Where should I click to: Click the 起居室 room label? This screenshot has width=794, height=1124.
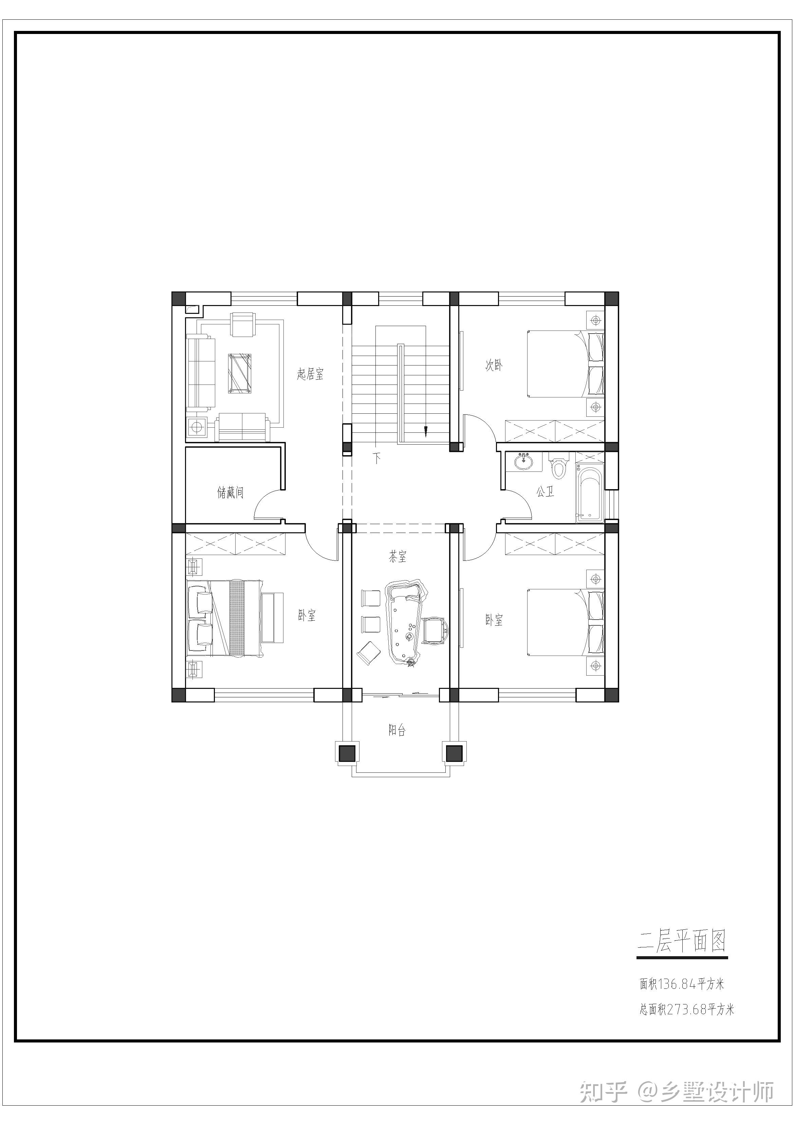(310, 375)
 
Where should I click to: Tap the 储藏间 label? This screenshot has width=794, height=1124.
(230, 492)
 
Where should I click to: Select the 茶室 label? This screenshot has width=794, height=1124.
(398, 557)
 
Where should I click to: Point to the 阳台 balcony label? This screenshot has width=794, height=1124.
(397, 730)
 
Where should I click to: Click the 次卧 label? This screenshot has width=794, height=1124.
(494, 365)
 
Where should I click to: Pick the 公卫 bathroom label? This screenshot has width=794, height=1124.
(546, 491)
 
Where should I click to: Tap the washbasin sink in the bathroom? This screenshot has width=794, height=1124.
(524, 461)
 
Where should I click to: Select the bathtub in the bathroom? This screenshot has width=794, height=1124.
(590, 495)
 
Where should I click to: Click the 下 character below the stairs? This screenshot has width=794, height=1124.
(377, 459)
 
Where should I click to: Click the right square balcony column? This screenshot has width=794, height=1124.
(454, 753)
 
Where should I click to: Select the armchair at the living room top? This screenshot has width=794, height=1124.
(244, 324)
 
